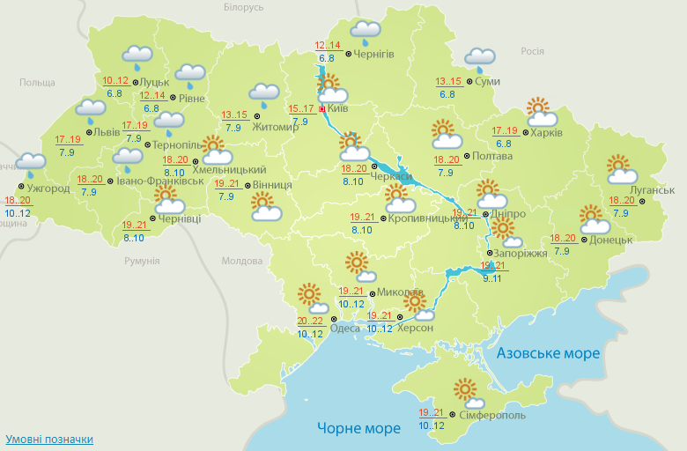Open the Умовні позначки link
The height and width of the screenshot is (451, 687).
[49, 439]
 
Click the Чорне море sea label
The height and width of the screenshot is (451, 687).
[358, 428]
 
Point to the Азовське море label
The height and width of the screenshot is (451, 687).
[548, 353]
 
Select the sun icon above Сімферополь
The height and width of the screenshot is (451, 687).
[464, 388]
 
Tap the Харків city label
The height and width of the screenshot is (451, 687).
[548, 133]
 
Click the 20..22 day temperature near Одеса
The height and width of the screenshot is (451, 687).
[310, 321]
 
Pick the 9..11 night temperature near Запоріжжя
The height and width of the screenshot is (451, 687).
[492, 278]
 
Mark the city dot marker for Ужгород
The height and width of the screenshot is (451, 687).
[20, 189]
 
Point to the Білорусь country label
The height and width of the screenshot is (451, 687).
[244, 7]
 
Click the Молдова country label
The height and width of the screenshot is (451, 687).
[241, 262]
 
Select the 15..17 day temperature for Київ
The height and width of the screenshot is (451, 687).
[301, 109]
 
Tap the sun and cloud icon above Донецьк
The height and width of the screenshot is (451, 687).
[592, 216]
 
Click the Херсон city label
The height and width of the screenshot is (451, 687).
[416, 328]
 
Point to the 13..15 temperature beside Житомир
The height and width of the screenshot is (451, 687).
[234, 115]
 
